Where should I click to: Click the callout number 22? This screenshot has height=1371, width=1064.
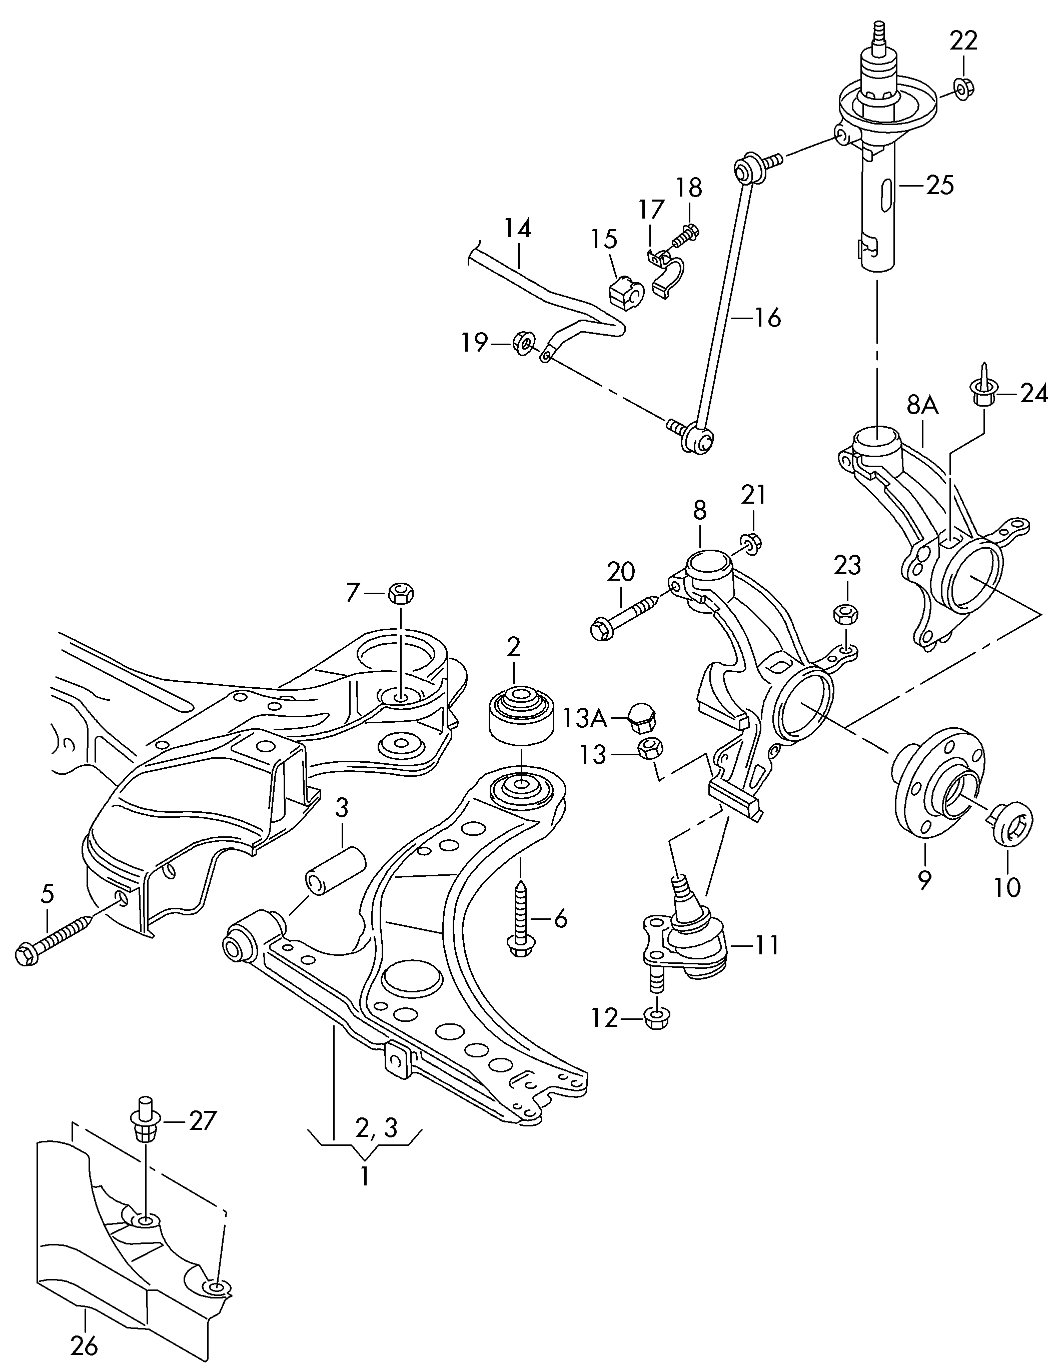963,41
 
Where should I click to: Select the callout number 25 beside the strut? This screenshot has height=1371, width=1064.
940,185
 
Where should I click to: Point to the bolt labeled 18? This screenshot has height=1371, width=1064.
686,236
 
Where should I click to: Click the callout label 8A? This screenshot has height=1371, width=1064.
922,406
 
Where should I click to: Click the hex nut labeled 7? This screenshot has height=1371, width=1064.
401,593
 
